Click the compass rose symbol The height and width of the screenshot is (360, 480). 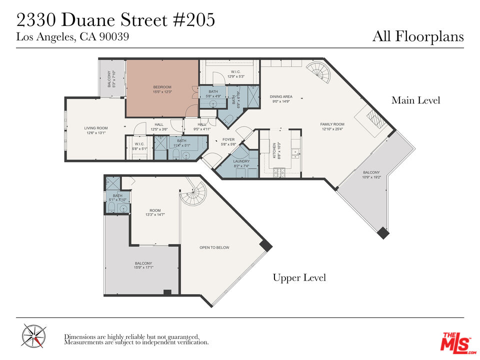34,335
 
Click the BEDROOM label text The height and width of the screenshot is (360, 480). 162,87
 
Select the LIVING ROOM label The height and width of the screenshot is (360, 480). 96,128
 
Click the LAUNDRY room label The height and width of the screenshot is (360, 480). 241,161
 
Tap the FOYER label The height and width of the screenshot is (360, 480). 228,140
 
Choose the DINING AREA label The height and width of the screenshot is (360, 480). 281,96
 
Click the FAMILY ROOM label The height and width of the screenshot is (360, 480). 332,124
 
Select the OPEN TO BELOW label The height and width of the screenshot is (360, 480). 214,247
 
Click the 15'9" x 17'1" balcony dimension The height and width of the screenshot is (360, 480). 143,267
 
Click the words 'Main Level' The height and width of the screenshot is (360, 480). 415,100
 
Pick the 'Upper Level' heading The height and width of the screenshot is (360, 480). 299,277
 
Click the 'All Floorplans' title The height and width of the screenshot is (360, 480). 418,36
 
